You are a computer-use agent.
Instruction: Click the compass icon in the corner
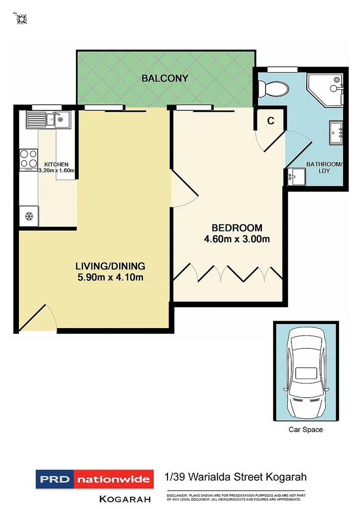point(21,19)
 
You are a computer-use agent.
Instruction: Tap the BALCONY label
point(165,78)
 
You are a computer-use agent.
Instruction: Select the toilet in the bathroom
point(274,88)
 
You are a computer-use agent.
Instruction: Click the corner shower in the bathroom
point(326,89)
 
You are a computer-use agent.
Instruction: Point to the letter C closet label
point(271,120)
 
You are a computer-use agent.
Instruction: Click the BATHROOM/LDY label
point(324,167)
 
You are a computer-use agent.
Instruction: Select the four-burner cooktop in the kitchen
point(28,159)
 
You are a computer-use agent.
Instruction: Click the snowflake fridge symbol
point(29,217)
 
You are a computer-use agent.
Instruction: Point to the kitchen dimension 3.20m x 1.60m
point(56,170)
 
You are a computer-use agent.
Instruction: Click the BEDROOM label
point(237,228)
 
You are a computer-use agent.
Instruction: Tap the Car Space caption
point(305,429)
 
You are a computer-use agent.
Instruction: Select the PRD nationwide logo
point(93,480)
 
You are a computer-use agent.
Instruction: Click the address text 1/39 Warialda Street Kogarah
point(235,477)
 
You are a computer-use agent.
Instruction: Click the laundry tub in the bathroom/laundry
point(297,176)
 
